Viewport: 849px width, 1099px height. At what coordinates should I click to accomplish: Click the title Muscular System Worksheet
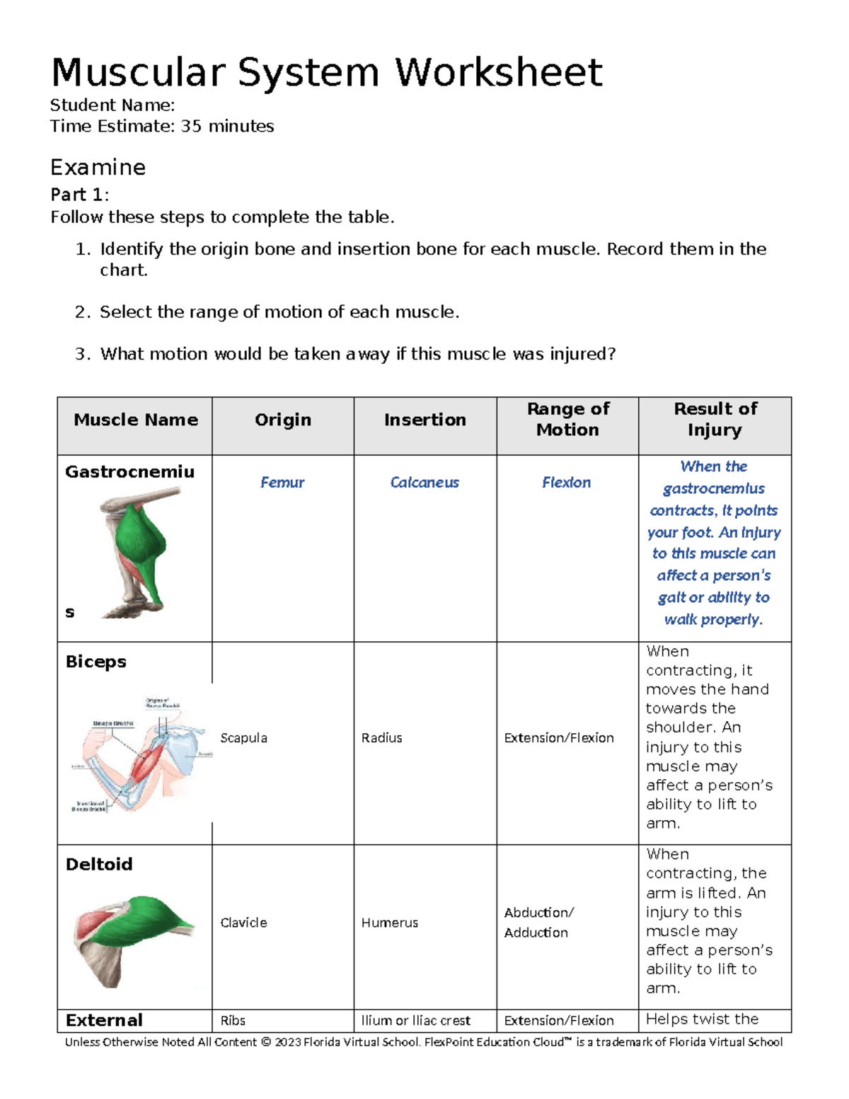tap(326, 73)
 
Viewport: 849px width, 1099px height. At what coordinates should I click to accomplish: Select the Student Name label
tap(112, 105)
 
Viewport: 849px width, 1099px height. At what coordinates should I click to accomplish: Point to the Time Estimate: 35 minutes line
tap(162, 127)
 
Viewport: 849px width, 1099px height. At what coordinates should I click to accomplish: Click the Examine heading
tap(98, 168)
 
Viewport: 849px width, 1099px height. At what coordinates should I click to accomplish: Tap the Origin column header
tap(283, 420)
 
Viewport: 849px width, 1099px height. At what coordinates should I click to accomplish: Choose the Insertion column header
tap(424, 420)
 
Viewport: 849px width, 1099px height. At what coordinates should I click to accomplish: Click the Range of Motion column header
tap(567, 420)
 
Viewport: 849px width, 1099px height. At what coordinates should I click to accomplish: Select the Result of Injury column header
tap(715, 420)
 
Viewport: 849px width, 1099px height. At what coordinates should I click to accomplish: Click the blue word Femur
tap(282, 483)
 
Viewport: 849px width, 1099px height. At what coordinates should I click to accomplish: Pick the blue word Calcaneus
tap(424, 483)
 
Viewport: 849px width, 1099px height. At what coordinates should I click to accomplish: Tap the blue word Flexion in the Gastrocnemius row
tap(566, 483)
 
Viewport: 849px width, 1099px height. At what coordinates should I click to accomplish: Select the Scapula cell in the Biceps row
tap(244, 738)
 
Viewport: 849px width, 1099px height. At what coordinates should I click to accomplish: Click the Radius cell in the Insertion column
tap(382, 738)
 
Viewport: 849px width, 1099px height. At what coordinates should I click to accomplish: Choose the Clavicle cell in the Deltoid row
tap(244, 923)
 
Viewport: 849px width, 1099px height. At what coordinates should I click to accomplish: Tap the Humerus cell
tap(390, 923)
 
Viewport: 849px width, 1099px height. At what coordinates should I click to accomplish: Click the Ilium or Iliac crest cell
tap(416, 1020)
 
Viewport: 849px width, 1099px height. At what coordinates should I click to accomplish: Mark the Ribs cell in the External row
tap(233, 1020)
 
